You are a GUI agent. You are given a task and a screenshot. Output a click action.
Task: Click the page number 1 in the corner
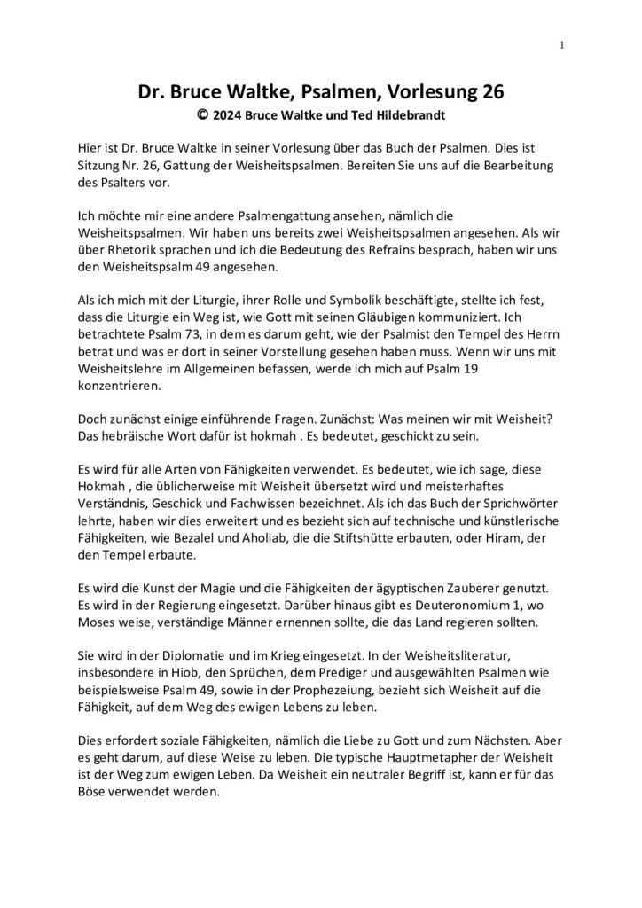562,46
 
